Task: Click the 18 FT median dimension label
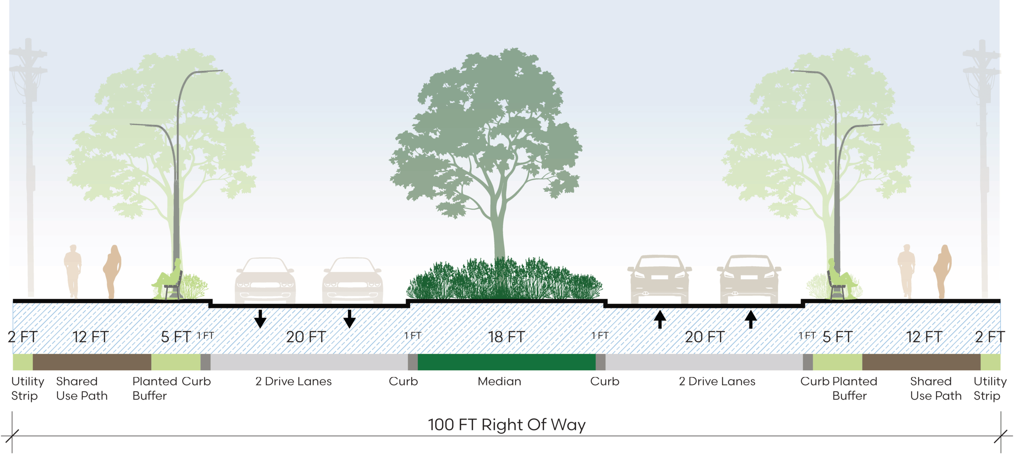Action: [506, 337]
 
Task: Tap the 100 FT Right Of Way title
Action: [507, 425]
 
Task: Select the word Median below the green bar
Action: [499, 381]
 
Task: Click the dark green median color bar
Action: [507, 362]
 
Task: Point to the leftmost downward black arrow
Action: [260, 319]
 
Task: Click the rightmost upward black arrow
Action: [751, 319]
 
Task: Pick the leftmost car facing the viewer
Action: [265, 280]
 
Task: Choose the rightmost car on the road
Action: [749, 280]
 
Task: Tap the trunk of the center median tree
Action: [499, 237]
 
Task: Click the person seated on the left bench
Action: [170, 276]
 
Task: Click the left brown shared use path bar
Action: [92, 362]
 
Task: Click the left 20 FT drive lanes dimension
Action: [306, 337]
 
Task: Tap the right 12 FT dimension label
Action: [924, 337]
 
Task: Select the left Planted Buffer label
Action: [150, 389]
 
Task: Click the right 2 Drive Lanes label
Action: [717, 381]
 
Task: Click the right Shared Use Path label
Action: [936, 389]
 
